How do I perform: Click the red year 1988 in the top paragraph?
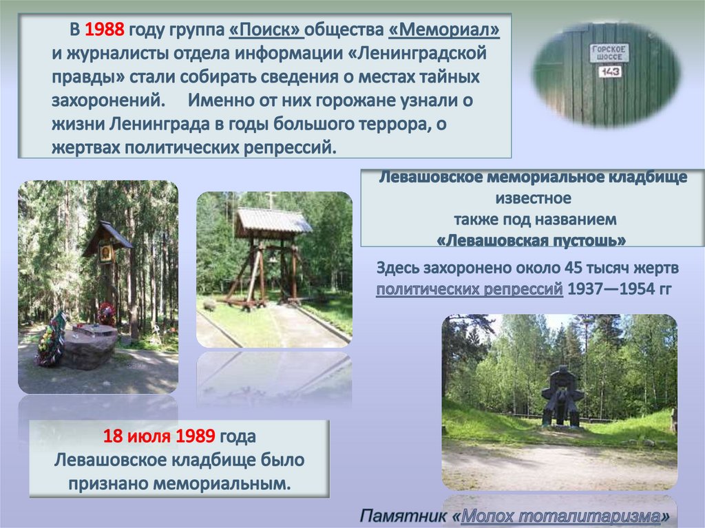[x=105, y=30]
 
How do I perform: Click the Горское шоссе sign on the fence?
[x=609, y=52]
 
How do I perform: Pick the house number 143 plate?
[x=609, y=72]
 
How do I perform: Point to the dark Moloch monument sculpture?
[x=562, y=397]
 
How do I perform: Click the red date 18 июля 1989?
[x=159, y=436]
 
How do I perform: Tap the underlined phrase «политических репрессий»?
[x=470, y=288]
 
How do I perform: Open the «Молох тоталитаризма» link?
[x=562, y=516]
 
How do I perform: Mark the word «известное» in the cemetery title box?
[x=533, y=199]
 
